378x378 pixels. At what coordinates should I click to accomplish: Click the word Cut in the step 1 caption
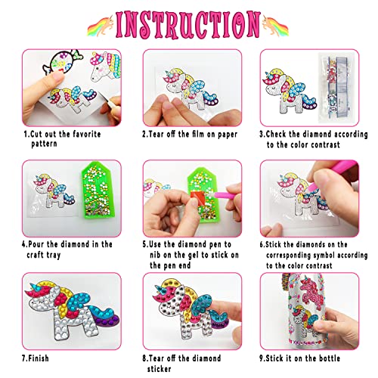[x=37, y=134]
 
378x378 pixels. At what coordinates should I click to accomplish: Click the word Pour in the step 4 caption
[x=42, y=244]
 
